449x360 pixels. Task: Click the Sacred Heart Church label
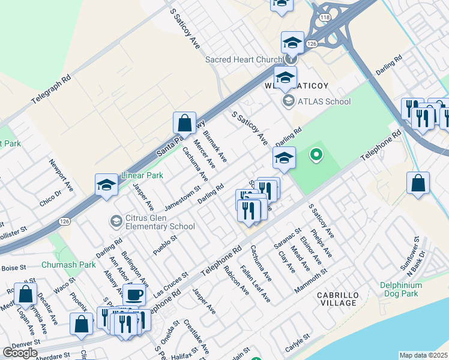[x=243, y=60]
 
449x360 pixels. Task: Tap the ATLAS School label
[x=324, y=101]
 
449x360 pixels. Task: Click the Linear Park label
[x=142, y=175]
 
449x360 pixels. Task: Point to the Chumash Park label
[x=68, y=265]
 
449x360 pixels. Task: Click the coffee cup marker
[x=134, y=295]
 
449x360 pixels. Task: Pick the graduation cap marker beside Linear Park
[x=106, y=184]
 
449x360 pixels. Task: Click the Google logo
[x=19, y=353]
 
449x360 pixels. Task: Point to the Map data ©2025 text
[x=423, y=355]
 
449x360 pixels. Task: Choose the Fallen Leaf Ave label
[x=255, y=283]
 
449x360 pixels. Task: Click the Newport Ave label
[x=61, y=174]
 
